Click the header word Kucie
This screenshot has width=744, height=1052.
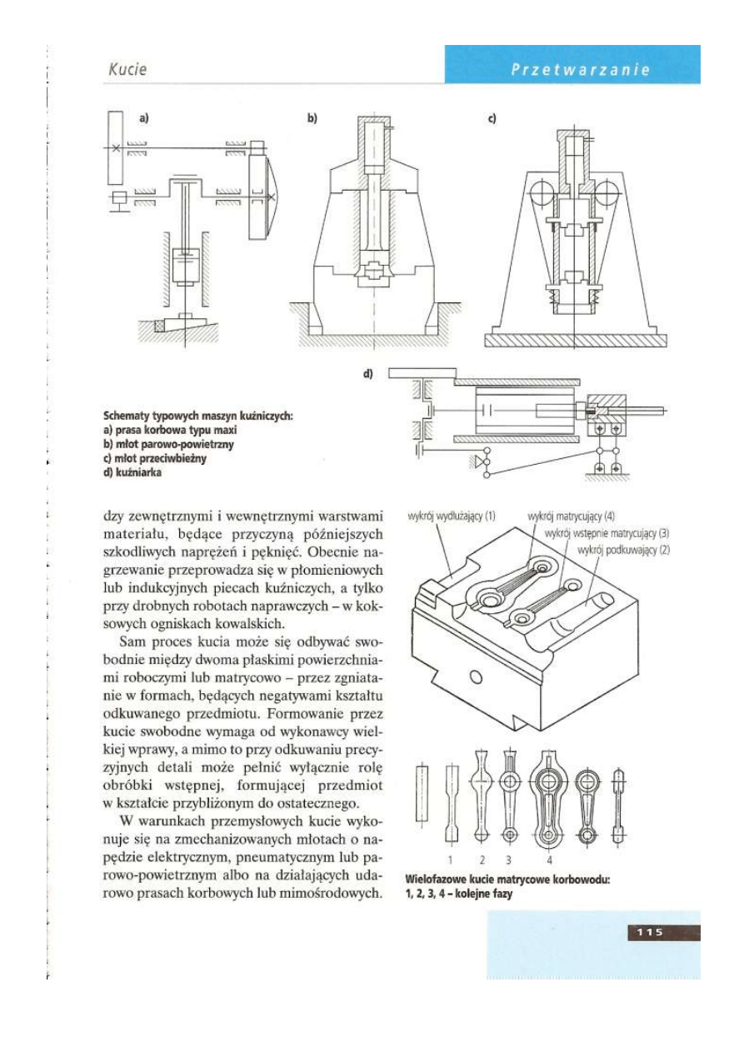(127, 70)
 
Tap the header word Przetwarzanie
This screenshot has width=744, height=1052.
(580, 70)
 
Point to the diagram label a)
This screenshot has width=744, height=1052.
(143, 118)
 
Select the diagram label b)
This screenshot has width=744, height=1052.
(312, 118)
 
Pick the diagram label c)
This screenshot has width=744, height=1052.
(492, 118)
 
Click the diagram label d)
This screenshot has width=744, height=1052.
(367, 374)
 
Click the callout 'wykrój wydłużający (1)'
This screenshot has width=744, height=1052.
(452, 515)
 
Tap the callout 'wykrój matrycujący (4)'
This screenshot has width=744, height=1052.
(572, 515)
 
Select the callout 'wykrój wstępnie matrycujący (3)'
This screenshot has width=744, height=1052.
(607, 532)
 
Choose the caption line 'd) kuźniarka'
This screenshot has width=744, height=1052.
(132, 473)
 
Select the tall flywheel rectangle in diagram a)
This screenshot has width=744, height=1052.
(116, 147)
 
